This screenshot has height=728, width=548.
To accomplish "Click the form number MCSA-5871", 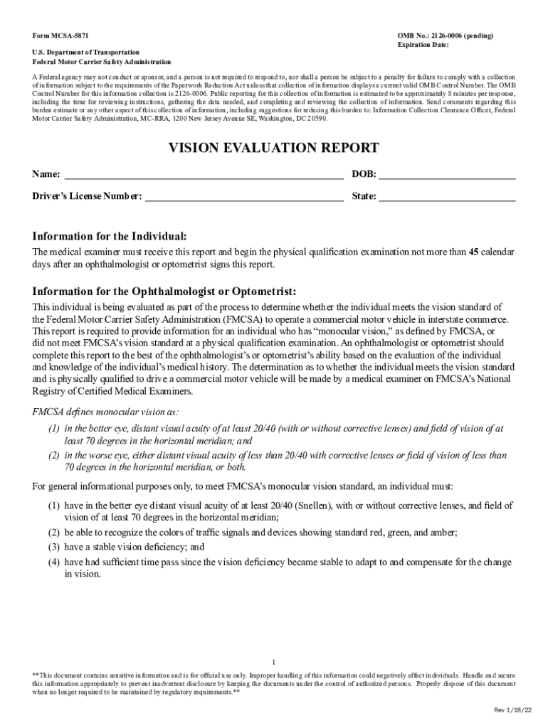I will click(x=56, y=35).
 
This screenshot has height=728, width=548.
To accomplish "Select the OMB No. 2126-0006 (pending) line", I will click(x=445, y=35).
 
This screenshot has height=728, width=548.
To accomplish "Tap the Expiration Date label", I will click(x=423, y=45).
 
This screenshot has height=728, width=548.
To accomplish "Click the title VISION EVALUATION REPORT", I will click(x=273, y=148).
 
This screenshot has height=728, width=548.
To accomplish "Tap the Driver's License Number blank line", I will click(x=244, y=197).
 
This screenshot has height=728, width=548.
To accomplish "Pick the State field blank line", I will click(x=447, y=197).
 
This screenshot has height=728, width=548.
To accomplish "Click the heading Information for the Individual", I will click(x=110, y=236).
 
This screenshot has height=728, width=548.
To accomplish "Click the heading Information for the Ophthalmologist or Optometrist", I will click(x=164, y=291).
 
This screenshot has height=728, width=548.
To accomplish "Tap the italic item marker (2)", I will click(x=53, y=455).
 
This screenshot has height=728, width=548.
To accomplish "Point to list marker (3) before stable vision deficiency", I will click(x=53, y=547).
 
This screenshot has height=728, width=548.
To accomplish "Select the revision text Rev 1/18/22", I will click(x=514, y=710).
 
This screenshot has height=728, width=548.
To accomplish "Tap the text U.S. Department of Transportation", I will click(x=85, y=52).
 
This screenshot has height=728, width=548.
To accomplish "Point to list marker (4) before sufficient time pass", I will click(x=53, y=562).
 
